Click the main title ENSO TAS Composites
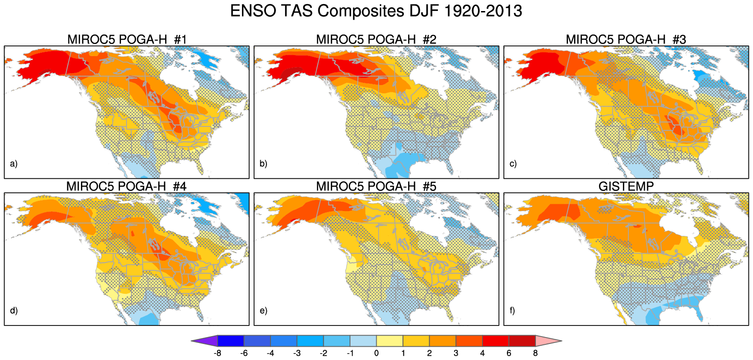pyautogui.click(x=376, y=11)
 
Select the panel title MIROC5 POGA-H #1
pyautogui.click(x=127, y=40)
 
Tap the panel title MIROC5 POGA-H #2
pyautogui.click(x=376, y=40)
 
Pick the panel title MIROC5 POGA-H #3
pyautogui.click(x=626, y=40)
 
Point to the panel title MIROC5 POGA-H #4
pyautogui.click(x=126, y=186)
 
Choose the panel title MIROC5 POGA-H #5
pyautogui.click(x=376, y=186)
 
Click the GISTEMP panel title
pyautogui.click(x=626, y=186)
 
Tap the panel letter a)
pyautogui.click(x=14, y=164)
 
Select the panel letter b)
pyautogui.click(x=263, y=164)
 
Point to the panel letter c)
pyautogui.click(x=513, y=164)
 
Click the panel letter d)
pyautogui.click(x=14, y=310)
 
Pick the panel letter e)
pyautogui.click(x=263, y=310)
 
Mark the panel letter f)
pyautogui.click(x=512, y=310)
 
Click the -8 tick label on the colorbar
pyautogui.click(x=218, y=353)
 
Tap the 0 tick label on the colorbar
pyautogui.click(x=376, y=353)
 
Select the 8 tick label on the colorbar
pyautogui.click(x=535, y=353)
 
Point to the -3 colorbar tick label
pyautogui.click(x=297, y=353)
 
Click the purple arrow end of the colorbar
pyautogui.click(x=204, y=341)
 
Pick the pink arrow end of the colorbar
pyautogui.click(x=548, y=341)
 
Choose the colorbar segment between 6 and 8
pyautogui.click(x=522, y=341)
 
